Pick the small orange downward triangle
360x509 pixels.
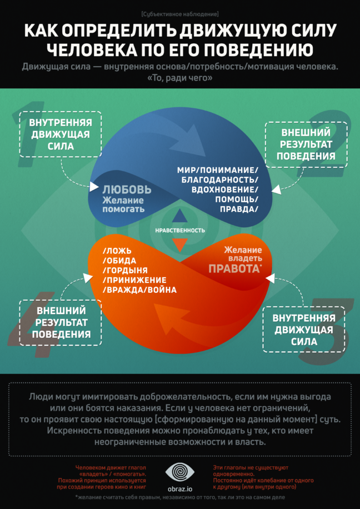click(x=179, y=244)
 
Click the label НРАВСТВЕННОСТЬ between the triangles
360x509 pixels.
click(x=179, y=230)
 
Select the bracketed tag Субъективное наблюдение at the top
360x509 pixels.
click(x=179, y=13)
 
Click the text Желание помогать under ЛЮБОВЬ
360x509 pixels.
click(x=123, y=205)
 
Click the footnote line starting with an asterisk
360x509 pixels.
click(x=179, y=497)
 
